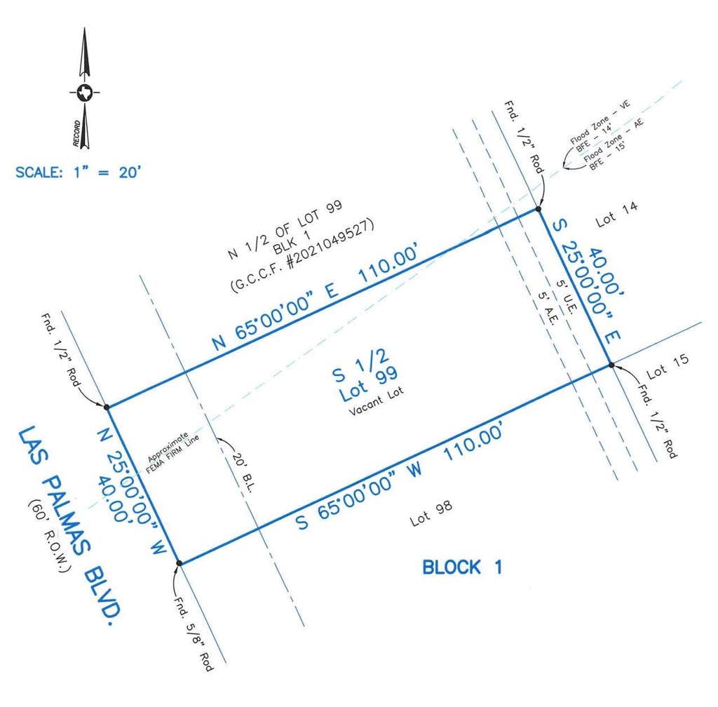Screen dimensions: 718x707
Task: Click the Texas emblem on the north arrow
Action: point(85,93)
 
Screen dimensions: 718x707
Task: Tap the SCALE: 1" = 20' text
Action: point(79,173)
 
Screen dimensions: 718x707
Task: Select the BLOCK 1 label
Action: point(462,567)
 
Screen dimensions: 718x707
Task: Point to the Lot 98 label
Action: point(431,513)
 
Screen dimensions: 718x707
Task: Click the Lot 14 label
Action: point(616,214)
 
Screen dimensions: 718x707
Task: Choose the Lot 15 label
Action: point(668,366)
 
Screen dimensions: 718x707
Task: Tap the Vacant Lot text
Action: point(377,400)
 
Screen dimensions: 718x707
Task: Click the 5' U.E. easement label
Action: point(566,297)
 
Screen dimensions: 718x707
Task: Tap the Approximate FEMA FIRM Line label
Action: point(172,453)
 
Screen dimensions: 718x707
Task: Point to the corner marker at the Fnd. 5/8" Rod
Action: point(179,563)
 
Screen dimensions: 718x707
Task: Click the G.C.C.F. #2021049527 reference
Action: point(302,255)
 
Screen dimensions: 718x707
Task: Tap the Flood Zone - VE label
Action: point(600,122)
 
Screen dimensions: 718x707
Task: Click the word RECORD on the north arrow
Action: point(76,133)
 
